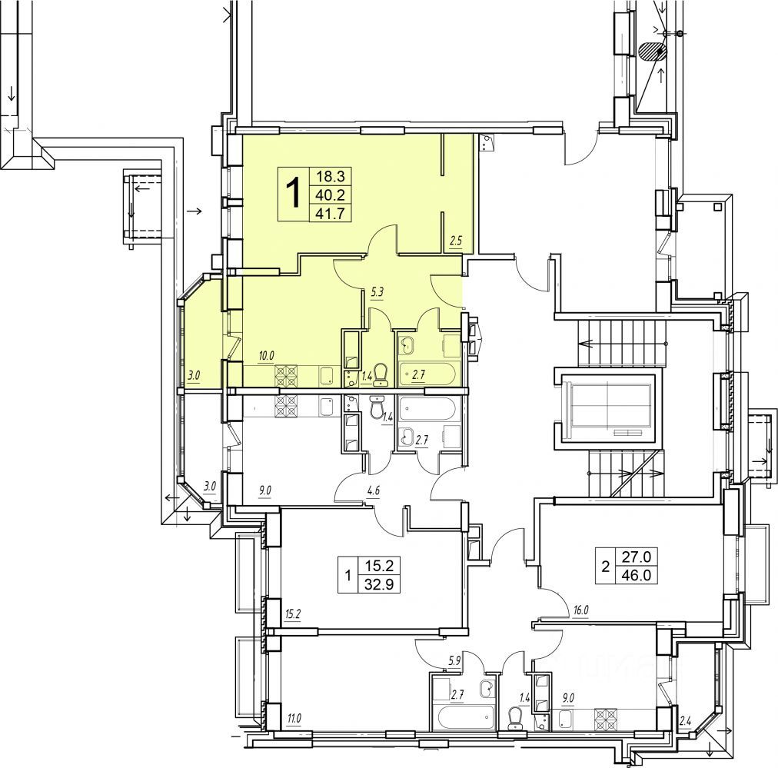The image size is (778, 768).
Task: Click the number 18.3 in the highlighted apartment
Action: [331, 176]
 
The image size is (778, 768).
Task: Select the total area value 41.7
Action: [331, 214]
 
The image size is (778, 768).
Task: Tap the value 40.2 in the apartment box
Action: [331, 194]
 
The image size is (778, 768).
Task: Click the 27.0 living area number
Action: [637, 557]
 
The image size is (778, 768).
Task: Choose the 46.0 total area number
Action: [637, 575]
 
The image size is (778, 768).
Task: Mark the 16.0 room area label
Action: [580, 610]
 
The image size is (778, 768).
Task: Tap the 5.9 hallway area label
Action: [455, 660]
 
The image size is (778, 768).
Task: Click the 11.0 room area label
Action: [294, 718]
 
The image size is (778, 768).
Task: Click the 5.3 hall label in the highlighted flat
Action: [377, 292]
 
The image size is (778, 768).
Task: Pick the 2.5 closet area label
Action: [455, 241]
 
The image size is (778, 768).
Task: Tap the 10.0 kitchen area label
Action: [267, 355]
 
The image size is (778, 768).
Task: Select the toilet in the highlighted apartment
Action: [381, 374]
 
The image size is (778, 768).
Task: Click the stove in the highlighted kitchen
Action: [286, 376]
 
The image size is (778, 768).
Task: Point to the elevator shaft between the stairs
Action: [610, 407]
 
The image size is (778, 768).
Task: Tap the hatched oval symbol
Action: [652, 51]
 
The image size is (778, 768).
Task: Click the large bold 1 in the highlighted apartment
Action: [293, 194]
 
